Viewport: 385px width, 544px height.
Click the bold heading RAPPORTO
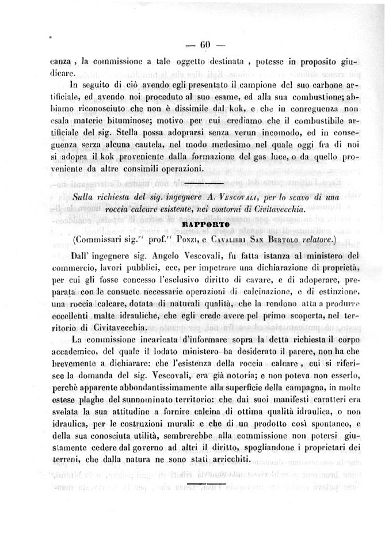[205, 224]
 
